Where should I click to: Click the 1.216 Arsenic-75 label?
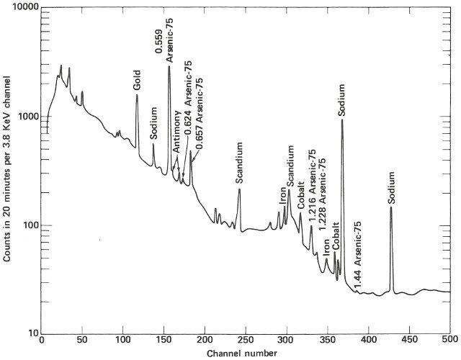tap(312, 179)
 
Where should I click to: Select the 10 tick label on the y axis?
tap(32, 333)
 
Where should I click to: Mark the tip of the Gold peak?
tap(137, 94)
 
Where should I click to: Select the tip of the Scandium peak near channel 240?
tap(239, 189)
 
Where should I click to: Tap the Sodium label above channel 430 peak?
tap(391, 187)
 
